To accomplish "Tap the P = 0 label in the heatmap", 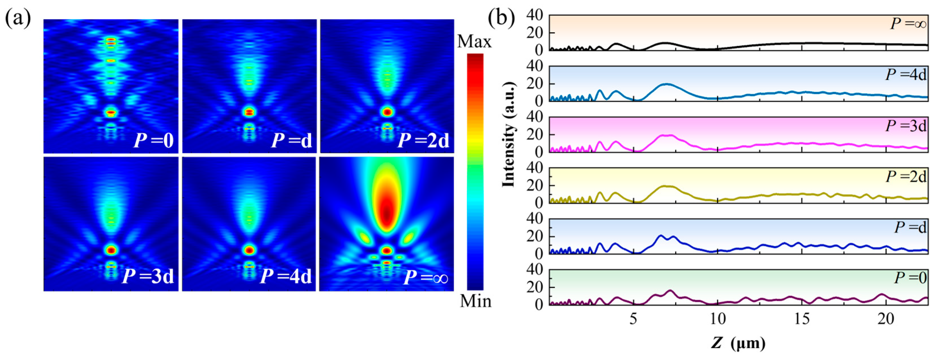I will pyautogui.click(x=153, y=140).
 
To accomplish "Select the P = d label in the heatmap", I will pyautogui.click(x=292, y=140).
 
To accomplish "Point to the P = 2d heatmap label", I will pyautogui.click(x=423, y=140).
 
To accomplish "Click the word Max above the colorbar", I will pyautogui.click(x=474, y=42).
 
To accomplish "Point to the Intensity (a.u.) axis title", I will pyautogui.click(x=509, y=135).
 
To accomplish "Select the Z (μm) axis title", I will pyautogui.click(x=738, y=343).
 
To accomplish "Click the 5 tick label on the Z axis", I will pyautogui.click(x=633, y=319).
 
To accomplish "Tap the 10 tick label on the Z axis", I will pyautogui.click(x=717, y=319).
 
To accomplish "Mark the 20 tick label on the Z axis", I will pyautogui.click(x=886, y=319).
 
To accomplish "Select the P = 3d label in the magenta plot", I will pyautogui.click(x=906, y=126).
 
